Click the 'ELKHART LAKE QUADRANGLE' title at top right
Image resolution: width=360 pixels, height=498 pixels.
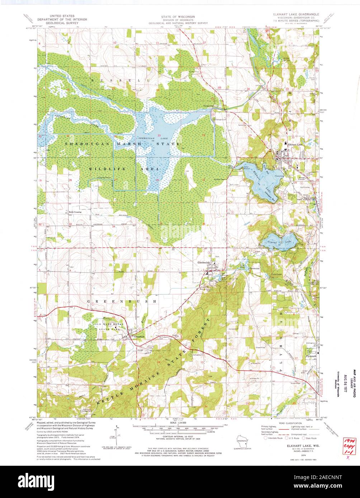click(x=293, y=16)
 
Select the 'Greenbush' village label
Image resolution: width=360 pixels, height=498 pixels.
click(x=138, y=336)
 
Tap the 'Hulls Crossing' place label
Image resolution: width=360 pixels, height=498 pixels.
click(x=75, y=212)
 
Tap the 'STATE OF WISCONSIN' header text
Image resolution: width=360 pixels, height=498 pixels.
click(x=178, y=16)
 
